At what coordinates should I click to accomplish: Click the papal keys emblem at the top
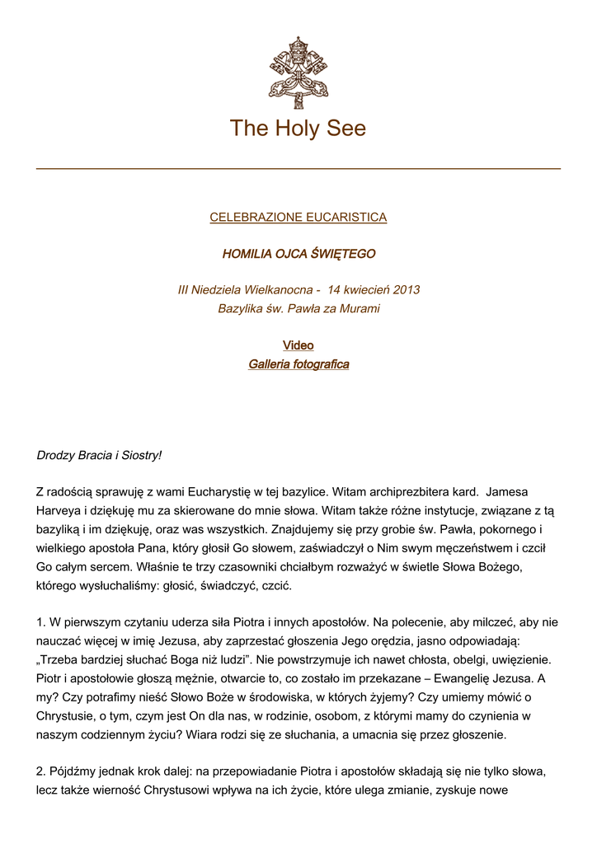tap(298, 72)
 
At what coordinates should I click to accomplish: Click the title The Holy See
tap(298, 129)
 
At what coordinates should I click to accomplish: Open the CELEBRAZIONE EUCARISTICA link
tap(298, 218)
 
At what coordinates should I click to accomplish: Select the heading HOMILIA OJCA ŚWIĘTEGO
tap(298, 254)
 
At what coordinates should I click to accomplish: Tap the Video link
tap(298, 345)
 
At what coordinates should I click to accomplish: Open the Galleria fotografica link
tap(298, 364)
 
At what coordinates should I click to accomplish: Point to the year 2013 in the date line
tap(407, 290)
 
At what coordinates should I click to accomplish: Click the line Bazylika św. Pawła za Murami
tap(298, 309)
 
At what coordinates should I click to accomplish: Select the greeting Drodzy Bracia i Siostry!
tap(100, 455)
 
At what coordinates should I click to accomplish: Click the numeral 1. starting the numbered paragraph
tap(42, 624)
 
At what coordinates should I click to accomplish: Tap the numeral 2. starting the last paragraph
tap(42, 772)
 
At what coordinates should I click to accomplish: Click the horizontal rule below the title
tap(298, 168)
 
